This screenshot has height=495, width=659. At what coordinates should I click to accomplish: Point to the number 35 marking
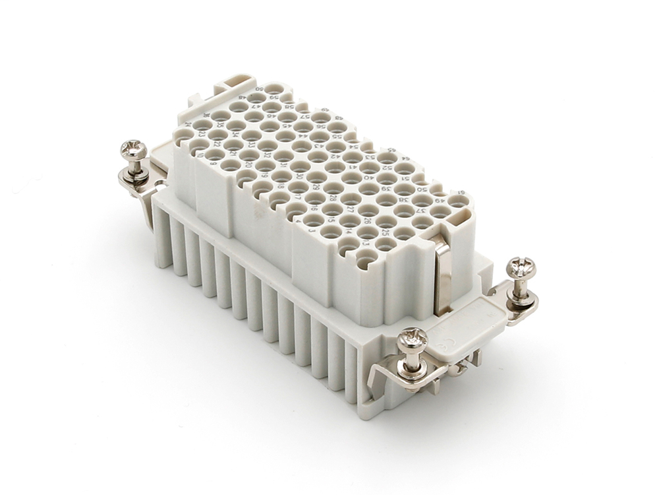click(x=220, y=125)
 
